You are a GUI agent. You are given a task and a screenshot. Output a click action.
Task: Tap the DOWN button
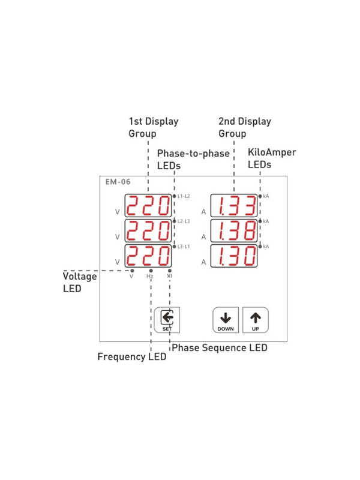[226, 320]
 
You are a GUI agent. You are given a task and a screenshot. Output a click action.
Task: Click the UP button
[256, 320]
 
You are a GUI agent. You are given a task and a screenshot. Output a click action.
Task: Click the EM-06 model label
[118, 182]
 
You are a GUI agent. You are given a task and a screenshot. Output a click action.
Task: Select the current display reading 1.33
[234, 205]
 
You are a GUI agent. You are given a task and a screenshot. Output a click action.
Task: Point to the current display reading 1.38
[234, 230]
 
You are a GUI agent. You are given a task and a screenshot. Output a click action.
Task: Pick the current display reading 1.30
[234, 256]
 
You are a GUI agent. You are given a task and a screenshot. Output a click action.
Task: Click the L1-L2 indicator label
[184, 196]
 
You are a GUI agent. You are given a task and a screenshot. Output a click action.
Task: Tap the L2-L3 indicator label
[184, 221]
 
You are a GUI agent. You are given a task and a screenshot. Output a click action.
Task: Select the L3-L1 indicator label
[184, 246]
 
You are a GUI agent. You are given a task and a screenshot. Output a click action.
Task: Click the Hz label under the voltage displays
[149, 277]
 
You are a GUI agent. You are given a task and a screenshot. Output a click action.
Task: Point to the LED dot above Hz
[151, 271]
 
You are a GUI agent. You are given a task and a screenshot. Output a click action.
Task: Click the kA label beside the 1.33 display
[266, 196]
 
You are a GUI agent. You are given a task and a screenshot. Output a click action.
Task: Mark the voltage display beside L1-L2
[148, 205]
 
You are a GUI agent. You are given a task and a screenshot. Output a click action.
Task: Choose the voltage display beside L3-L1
[148, 256]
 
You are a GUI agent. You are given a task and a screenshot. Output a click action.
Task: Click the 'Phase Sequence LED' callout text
[220, 348]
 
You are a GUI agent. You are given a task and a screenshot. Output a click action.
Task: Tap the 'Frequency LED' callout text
[131, 356]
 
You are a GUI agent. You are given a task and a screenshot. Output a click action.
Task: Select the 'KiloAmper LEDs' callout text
[272, 158]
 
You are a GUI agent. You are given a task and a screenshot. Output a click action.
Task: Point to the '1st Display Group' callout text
[154, 127]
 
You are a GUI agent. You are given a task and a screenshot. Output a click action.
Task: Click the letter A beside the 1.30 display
[203, 262]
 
